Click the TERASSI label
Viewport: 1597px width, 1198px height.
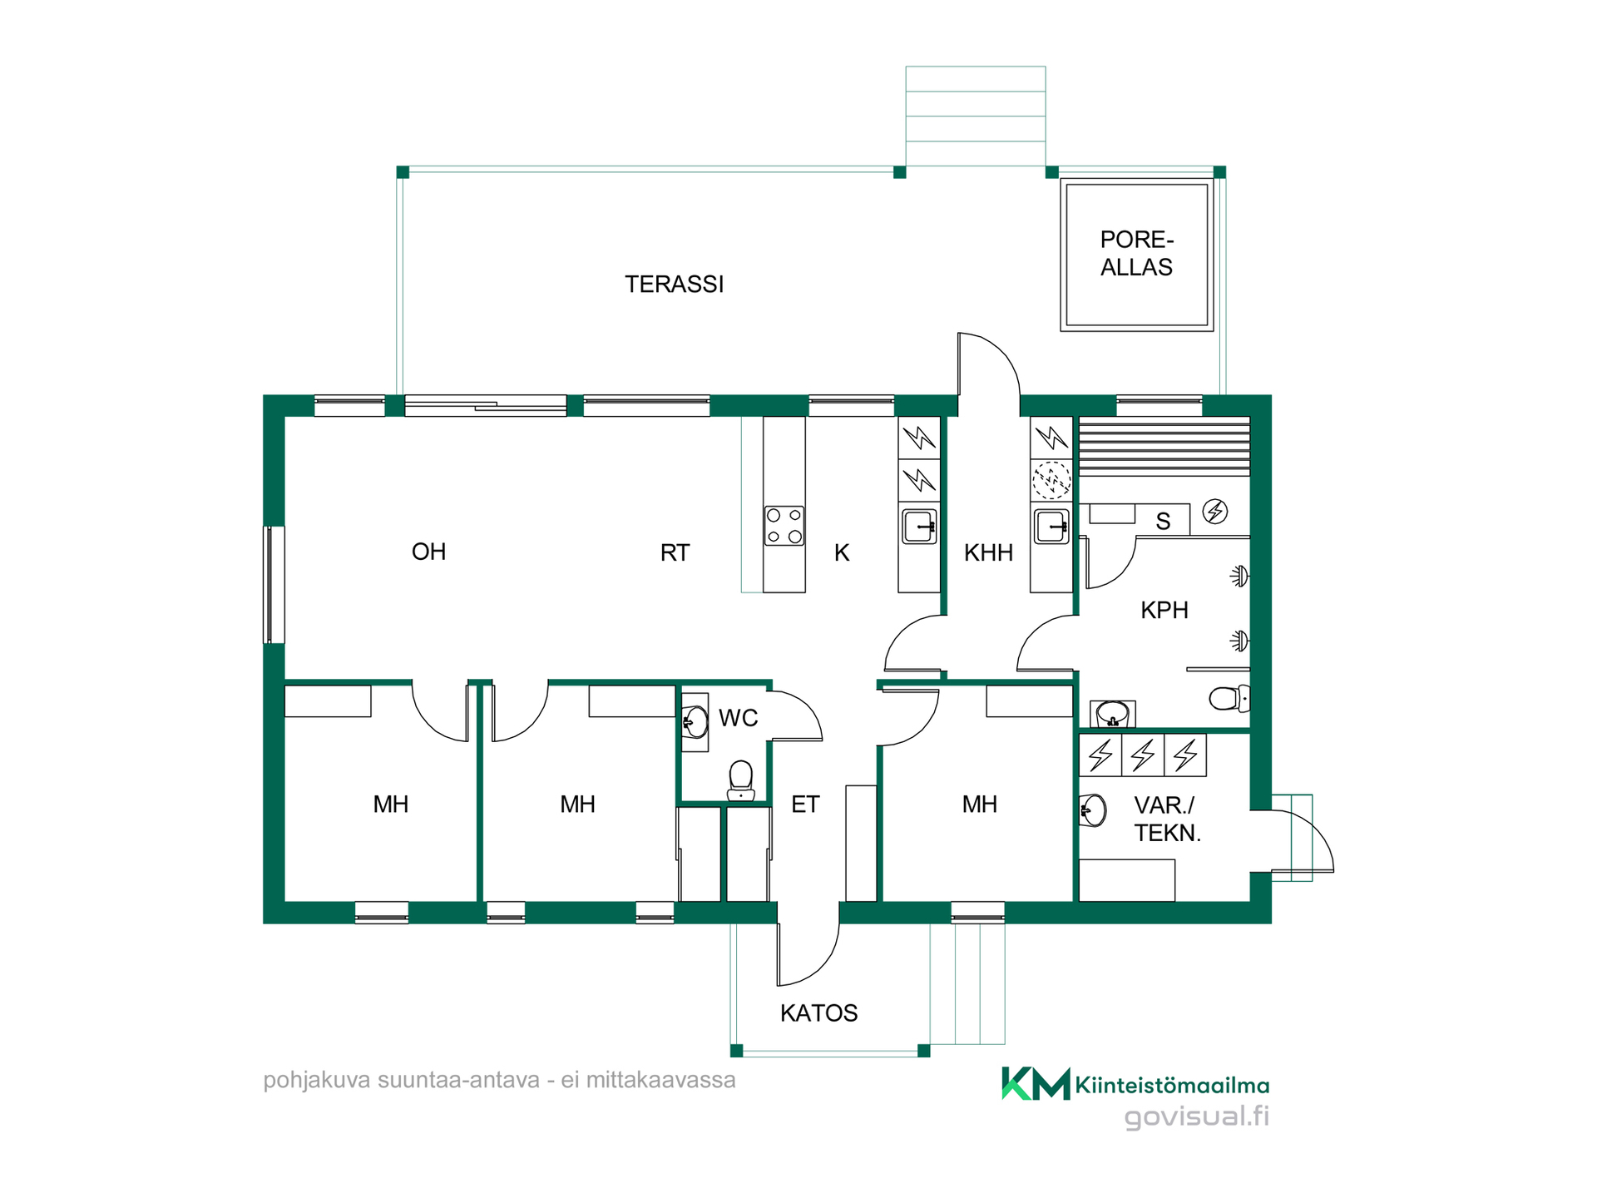pos(674,285)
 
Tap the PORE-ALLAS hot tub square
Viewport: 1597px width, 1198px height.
pos(1136,255)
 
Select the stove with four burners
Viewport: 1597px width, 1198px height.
pos(784,526)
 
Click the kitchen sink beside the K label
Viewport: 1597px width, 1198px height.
pos(919,527)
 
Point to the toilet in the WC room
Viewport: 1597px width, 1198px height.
pos(741,780)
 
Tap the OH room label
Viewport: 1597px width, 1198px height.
pos(428,552)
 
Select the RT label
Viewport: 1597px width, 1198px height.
pos(675,552)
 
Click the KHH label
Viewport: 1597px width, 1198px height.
pos(988,552)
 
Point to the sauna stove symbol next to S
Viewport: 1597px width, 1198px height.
pos(1215,511)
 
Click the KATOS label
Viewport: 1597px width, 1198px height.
pos(818,1012)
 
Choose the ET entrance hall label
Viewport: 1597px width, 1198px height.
pos(805,804)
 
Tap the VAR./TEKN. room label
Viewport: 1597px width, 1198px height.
pos(1167,819)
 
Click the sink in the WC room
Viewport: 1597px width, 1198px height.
pos(695,722)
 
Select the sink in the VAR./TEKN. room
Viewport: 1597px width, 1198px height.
pos(1093,809)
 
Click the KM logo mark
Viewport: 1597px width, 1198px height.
pos(1036,1083)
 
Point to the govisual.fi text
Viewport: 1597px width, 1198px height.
pos(1197,1116)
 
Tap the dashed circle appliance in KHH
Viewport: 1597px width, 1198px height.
pos(1051,480)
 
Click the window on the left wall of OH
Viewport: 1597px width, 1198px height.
pos(274,585)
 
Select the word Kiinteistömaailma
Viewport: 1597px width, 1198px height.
pos(1172,1085)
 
